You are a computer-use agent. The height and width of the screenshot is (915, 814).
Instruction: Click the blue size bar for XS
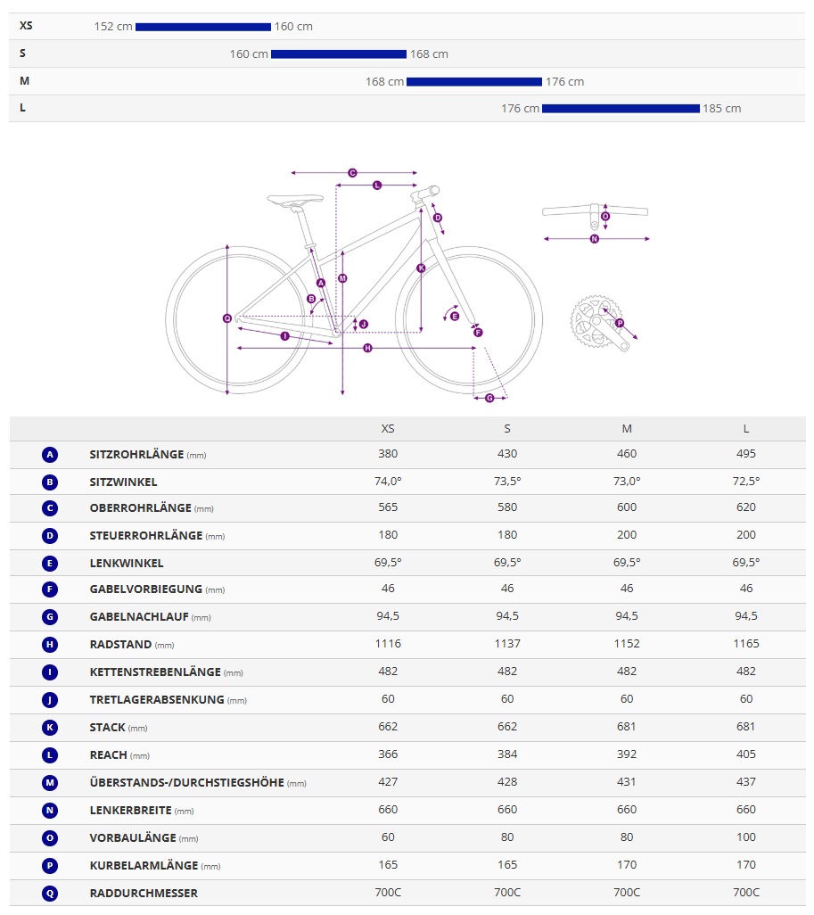(x=202, y=27)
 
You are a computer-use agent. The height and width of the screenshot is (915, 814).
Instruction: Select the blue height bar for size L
(x=621, y=109)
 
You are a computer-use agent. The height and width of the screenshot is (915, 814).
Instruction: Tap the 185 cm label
(x=722, y=109)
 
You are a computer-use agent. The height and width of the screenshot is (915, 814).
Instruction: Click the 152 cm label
(x=113, y=27)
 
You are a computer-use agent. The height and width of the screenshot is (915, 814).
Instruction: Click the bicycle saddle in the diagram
(x=295, y=202)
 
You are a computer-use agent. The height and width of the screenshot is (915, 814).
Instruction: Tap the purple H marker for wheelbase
(x=367, y=348)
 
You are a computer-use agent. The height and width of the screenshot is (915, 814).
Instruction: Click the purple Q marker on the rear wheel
(x=227, y=318)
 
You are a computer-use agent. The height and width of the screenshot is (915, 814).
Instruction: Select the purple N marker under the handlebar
(x=595, y=239)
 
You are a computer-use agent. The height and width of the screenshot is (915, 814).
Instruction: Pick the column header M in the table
(x=627, y=429)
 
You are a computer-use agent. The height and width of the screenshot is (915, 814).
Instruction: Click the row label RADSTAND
(x=120, y=645)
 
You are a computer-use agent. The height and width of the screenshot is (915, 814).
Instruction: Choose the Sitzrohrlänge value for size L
(x=746, y=454)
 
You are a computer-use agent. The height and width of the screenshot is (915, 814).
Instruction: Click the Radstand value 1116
(x=388, y=644)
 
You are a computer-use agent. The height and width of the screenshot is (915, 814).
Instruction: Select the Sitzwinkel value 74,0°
(x=388, y=482)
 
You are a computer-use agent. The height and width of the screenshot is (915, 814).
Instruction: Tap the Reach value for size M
(x=627, y=754)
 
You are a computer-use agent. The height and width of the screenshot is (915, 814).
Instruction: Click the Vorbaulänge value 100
(x=746, y=837)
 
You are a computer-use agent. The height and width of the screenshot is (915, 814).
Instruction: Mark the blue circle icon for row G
(x=50, y=617)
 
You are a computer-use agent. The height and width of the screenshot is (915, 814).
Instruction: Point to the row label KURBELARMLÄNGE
(x=140, y=866)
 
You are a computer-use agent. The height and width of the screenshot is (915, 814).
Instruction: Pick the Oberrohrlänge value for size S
(x=507, y=507)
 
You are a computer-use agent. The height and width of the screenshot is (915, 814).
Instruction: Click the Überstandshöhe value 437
(x=746, y=782)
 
